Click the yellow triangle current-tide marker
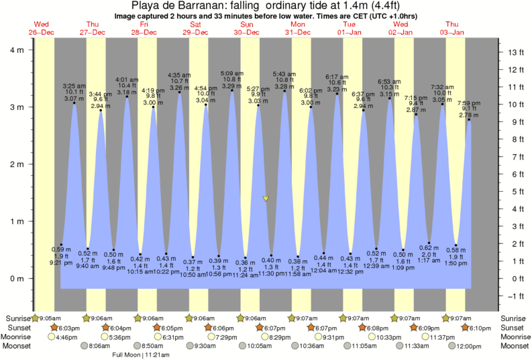tap(266, 199)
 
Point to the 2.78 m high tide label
tap(469, 116)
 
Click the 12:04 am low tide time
tap(323, 269)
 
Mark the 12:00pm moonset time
tap(469, 346)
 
